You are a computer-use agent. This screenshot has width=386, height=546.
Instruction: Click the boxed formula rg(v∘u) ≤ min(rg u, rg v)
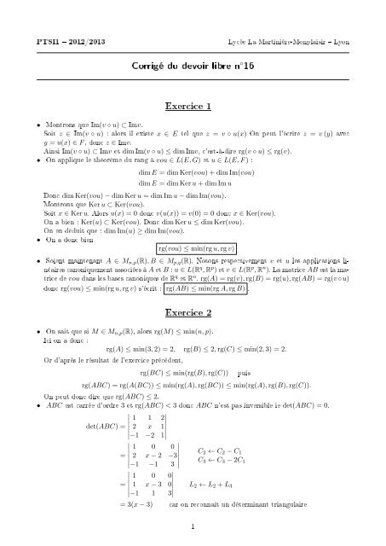pos(193,247)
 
